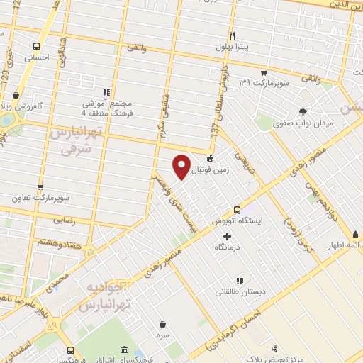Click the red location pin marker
pyautogui.click(x=181, y=166)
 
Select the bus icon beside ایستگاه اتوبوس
pyautogui.click(x=238, y=210)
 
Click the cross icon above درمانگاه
pyautogui.click(x=227, y=235)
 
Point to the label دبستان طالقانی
pyautogui.click(x=239, y=291)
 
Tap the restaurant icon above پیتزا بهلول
pyautogui.click(x=231, y=35)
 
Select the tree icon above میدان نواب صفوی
pyautogui.click(x=303, y=111)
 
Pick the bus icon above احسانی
pyautogui.click(x=36, y=46)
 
